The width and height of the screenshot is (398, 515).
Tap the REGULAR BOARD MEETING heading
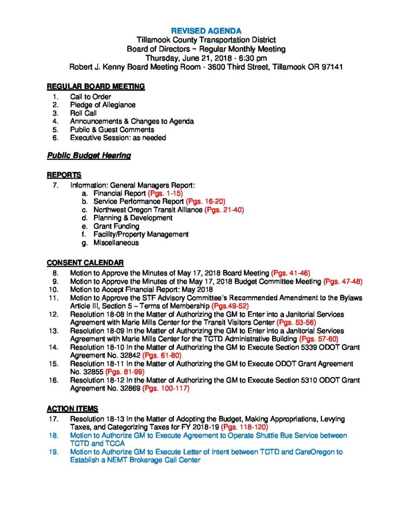pyautogui.click(x=96, y=87)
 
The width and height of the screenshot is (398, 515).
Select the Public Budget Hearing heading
pyautogui.click(x=89, y=156)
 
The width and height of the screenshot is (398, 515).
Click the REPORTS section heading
pyautogui.click(x=64, y=175)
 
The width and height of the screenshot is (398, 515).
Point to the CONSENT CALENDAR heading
pyautogui.click(x=85, y=263)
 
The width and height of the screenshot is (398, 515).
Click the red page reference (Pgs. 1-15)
pyautogui.click(x=164, y=193)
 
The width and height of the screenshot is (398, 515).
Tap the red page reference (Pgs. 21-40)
pyautogui.click(x=224, y=210)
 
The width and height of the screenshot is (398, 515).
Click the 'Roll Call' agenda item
pyautogui.click(x=84, y=113)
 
